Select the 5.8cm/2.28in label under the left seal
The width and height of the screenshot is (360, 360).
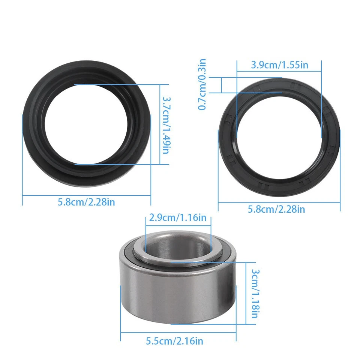(x=86, y=202)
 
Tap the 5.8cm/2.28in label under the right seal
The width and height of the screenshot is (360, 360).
(x=276, y=209)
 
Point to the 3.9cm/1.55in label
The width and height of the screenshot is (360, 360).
(x=280, y=64)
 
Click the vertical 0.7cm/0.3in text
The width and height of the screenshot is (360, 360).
(x=202, y=84)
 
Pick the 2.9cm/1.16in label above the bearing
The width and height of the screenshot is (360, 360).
(x=178, y=217)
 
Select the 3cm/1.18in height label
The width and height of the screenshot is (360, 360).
(x=255, y=293)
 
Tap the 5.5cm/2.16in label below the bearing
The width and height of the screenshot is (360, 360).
(x=174, y=341)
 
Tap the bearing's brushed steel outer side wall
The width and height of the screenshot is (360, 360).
(x=176, y=296)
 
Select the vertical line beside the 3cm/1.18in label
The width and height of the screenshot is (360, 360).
(x=246, y=293)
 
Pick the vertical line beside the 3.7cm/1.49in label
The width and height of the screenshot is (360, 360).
(x=160, y=124)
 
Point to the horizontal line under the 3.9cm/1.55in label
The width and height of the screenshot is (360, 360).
(x=279, y=71)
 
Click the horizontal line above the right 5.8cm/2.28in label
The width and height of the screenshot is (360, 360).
(x=279, y=202)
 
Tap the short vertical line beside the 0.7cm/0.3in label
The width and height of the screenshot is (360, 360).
(x=222, y=85)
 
